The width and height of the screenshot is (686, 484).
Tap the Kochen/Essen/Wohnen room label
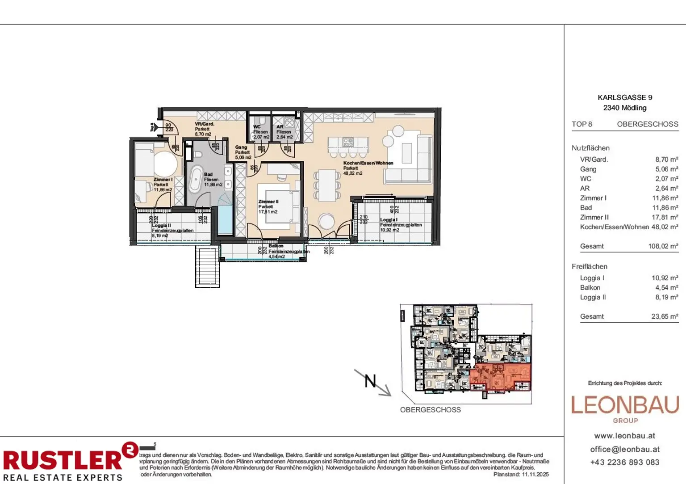pyautogui.click(x=368, y=163)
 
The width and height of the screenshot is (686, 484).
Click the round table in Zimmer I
pyautogui.click(x=164, y=164)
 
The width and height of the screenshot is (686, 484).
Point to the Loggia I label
pyautogui.click(x=389, y=220)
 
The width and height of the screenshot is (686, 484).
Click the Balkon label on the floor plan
pyautogui.click(x=276, y=246)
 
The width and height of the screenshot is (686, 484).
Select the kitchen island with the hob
pyautogui.click(x=348, y=143)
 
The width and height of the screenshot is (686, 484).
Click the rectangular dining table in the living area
pyautogui.click(x=327, y=185)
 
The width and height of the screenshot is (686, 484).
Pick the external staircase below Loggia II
pyautogui.click(x=207, y=267)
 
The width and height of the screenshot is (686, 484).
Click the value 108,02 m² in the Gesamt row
pyautogui.click(x=663, y=246)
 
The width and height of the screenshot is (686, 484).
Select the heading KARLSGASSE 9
pyautogui.click(x=624, y=97)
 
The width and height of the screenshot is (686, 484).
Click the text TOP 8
pyautogui.click(x=581, y=124)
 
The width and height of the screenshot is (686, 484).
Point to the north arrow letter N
pyautogui.click(x=370, y=381)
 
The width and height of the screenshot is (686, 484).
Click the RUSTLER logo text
pyautogui.click(x=63, y=460)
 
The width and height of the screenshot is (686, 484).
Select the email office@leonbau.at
pyautogui.click(x=624, y=450)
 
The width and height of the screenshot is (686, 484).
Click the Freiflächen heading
pyautogui.click(x=589, y=266)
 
